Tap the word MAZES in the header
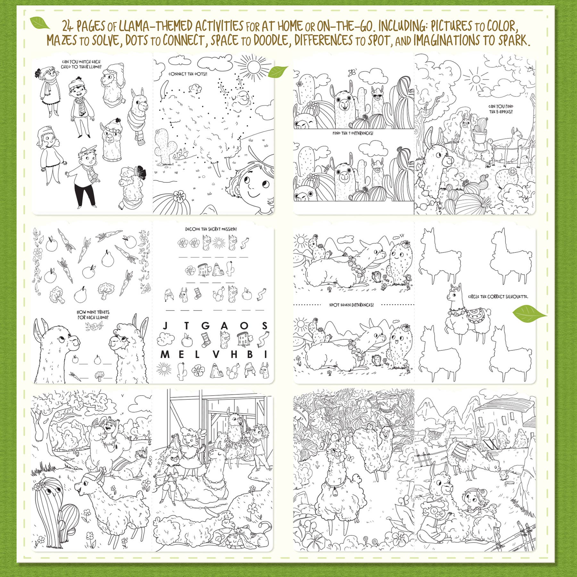62,41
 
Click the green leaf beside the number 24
40,23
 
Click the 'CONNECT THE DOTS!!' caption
188,74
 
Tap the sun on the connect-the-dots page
254,67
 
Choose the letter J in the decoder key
165,326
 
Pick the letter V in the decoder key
216,355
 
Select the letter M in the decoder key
165,355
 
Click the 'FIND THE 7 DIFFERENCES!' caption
353,133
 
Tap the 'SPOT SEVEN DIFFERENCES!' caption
351,305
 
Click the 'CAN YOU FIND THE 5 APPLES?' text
501,109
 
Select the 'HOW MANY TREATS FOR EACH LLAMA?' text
93,314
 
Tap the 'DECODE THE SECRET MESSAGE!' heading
211,229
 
